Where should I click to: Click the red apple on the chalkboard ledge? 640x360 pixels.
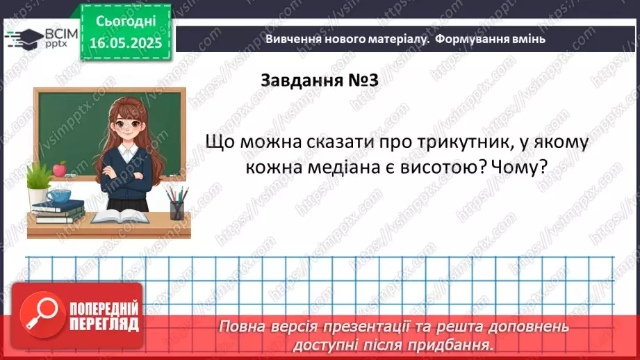[x=60, y=168]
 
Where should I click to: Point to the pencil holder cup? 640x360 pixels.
[x=177, y=209]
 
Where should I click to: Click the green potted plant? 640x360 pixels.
[x=40, y=182]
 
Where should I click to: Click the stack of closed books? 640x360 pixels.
[x=59, y=211]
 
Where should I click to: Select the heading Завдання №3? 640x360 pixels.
[x=319, y=81]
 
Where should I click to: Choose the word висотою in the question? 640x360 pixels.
[x=427, y=168]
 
